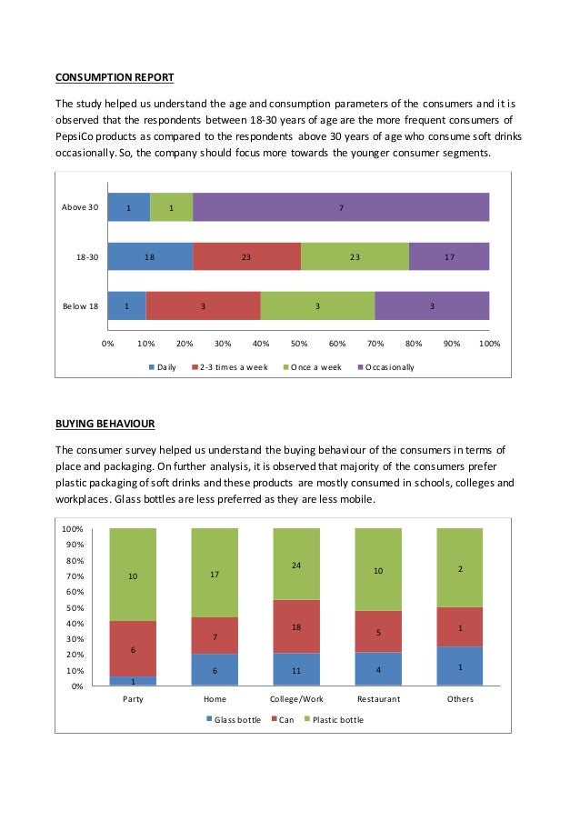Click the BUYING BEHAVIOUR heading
click(x=105, y=424)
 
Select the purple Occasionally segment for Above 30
click(x=341, y=207)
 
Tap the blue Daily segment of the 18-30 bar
click(x=150, y=256)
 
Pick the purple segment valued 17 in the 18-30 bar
click(x=449, y=256)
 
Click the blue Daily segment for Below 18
click(x=126, y=305)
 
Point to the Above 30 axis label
click(x=80, y=208)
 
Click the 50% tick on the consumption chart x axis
click(x=298, y=345)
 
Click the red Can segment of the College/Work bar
click(x=296, y=626)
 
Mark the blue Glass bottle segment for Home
click(x=215, y=670)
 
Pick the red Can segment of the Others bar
click(x=460, y=626)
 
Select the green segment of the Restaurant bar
click(x=378, y=570)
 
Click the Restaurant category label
click(x=377, y=699)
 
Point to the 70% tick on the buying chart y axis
click(x=75, y=576)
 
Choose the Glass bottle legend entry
click(x=237, y=719)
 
